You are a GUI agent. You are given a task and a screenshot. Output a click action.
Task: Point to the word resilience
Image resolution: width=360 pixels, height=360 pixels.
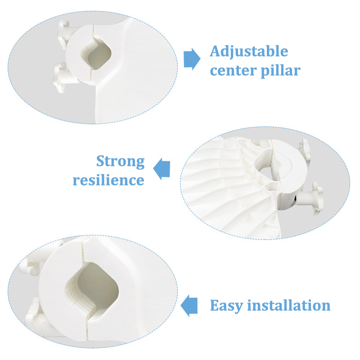coord(108,180)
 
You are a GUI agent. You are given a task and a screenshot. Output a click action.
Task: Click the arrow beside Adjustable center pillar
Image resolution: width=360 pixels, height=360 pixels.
coord(192,59)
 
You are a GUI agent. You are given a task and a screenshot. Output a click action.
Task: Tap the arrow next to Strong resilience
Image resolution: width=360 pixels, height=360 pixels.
coord(162,169)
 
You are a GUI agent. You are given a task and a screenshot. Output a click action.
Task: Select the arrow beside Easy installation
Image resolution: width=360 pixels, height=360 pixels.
coord(189,306)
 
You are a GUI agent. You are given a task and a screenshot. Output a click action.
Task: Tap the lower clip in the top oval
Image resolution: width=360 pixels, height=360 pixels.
coord(64,77)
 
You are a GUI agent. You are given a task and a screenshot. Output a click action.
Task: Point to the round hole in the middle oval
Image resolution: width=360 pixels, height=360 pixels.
coord(266,167)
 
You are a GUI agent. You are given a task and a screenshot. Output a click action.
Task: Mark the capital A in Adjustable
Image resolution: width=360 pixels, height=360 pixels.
coord(216,51)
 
